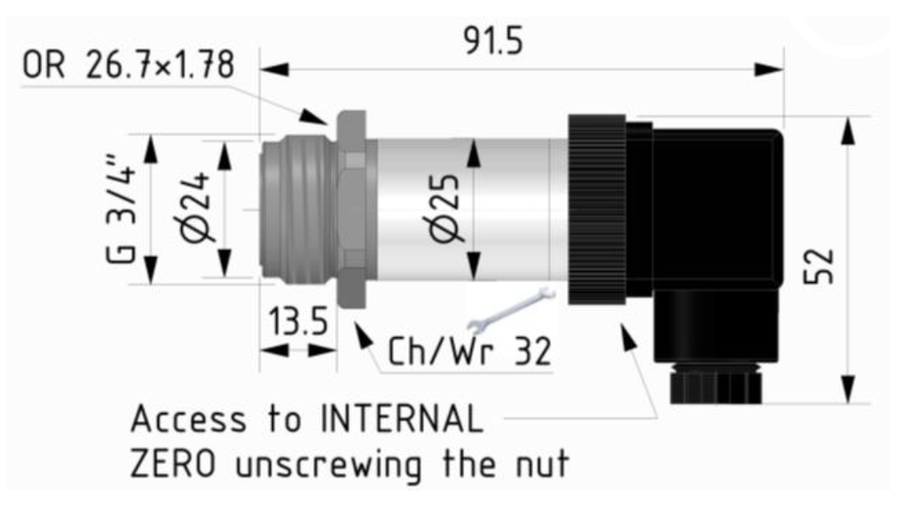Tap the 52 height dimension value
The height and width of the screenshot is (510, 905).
819,266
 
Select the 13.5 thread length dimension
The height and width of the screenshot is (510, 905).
298,321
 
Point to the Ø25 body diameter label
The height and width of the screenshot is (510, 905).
445,209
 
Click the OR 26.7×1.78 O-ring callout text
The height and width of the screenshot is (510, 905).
128,64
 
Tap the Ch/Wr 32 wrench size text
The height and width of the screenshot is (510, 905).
469,351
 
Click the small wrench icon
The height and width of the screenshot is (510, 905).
511,311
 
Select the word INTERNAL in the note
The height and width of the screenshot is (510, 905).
402,418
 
